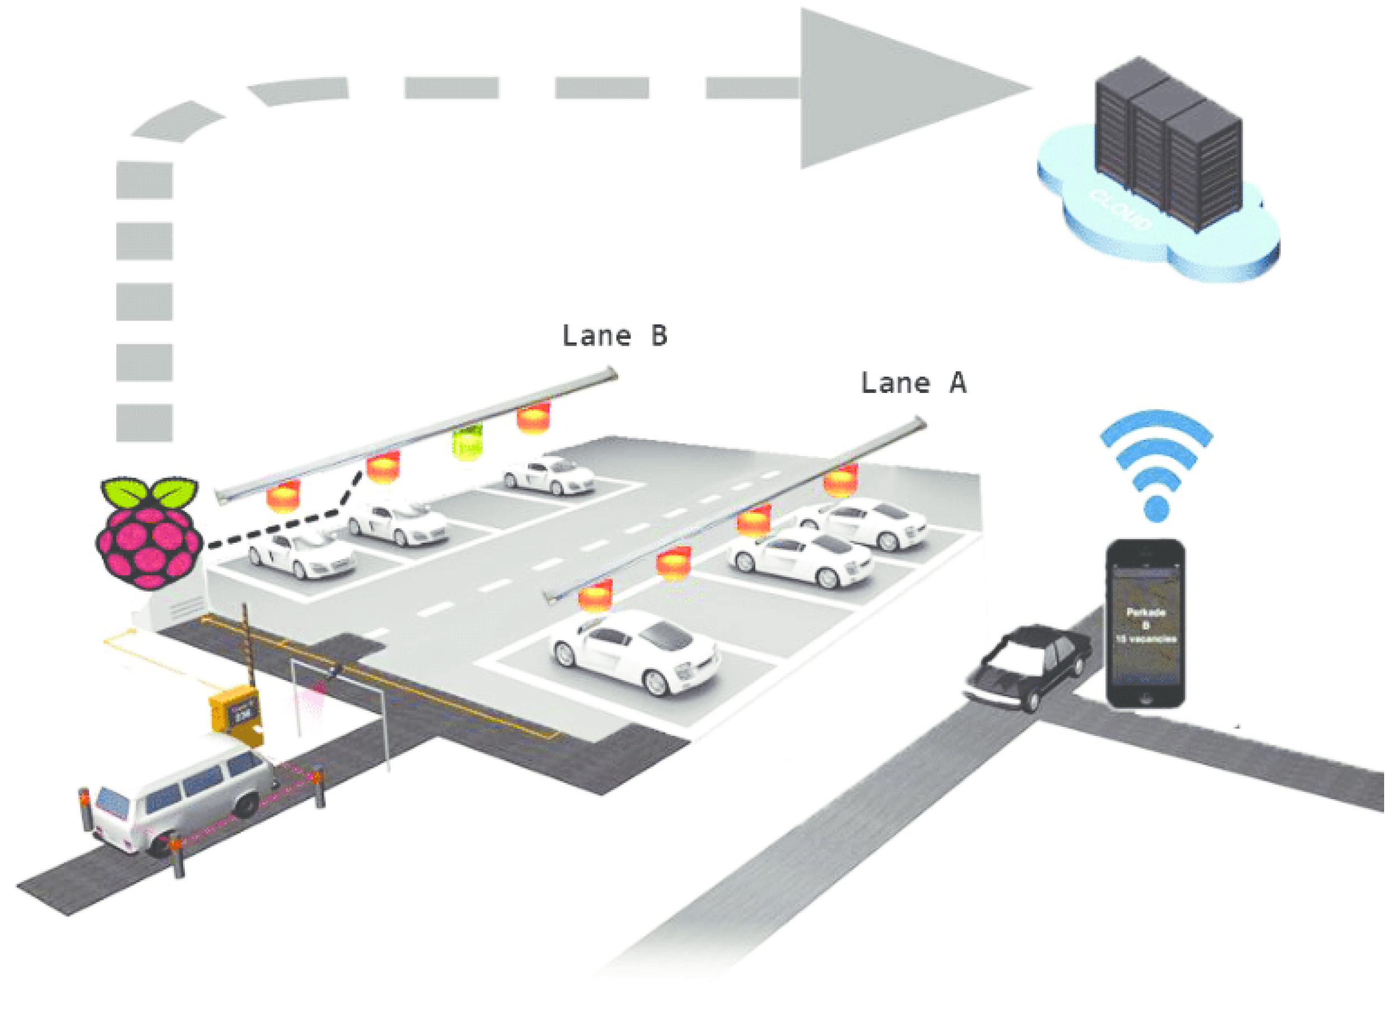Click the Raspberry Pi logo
149,533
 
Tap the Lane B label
615,336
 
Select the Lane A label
914,383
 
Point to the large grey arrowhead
894,90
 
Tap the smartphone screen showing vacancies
1146,622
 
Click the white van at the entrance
179,798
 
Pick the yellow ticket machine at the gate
236,715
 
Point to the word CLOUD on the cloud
1121,209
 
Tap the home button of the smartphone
1146,700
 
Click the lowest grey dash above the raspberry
144,423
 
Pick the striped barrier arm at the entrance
246,644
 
